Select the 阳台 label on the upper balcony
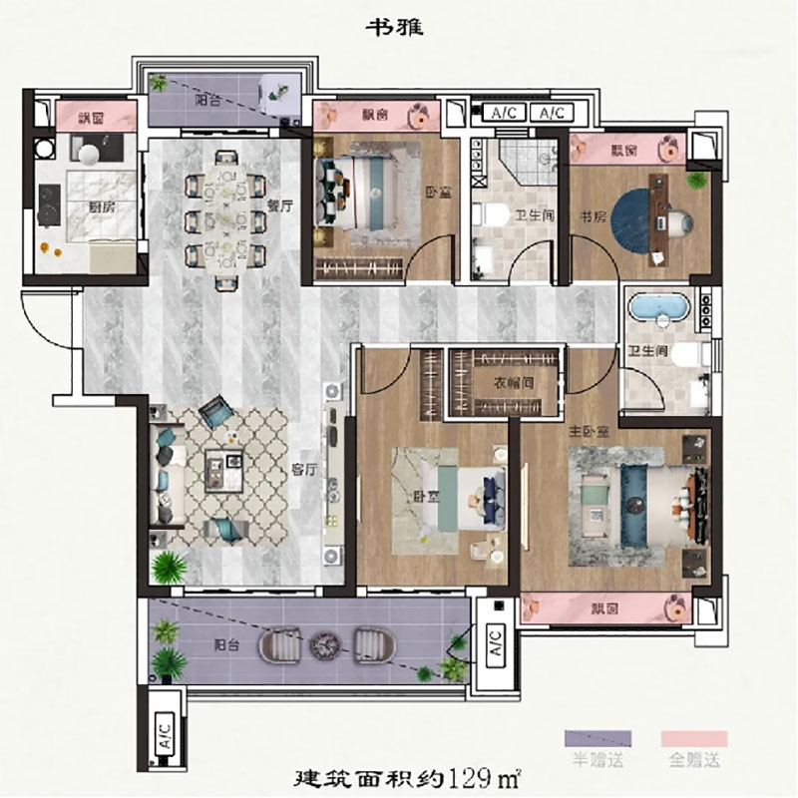(207, 101)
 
